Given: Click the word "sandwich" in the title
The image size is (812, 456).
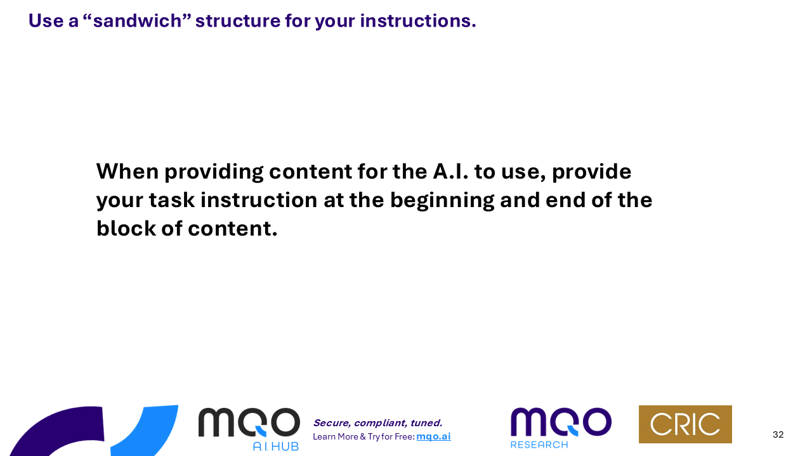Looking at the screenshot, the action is coord(137,21).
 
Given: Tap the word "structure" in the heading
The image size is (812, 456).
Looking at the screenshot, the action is coord(238,21).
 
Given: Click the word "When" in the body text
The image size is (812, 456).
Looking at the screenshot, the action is coord(128,171).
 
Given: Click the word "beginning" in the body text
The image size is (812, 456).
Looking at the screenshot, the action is coord(442,201).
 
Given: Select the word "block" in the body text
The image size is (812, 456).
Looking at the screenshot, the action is coord(126,229).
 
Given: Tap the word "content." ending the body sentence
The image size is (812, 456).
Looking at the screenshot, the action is coord(233,229).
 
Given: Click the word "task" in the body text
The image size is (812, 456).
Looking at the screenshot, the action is coord(172,200).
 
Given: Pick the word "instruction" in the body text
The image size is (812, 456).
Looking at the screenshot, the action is coord(259,200).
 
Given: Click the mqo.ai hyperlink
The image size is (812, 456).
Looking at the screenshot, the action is coord(433,436).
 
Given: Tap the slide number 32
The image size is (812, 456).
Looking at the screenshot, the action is coord(778,434).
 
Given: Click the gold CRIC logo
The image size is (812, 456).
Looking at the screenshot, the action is coord(685,424).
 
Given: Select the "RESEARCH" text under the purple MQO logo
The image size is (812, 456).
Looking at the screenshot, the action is coord(539,445).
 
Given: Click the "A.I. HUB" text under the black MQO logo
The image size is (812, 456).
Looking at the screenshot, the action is coord(275,446).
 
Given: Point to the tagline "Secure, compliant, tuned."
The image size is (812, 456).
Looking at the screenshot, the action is coord(377,423).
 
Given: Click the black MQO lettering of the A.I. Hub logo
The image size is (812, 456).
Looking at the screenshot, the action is coord(249,422).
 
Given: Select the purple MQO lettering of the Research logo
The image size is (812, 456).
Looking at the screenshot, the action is coord(561,422).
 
